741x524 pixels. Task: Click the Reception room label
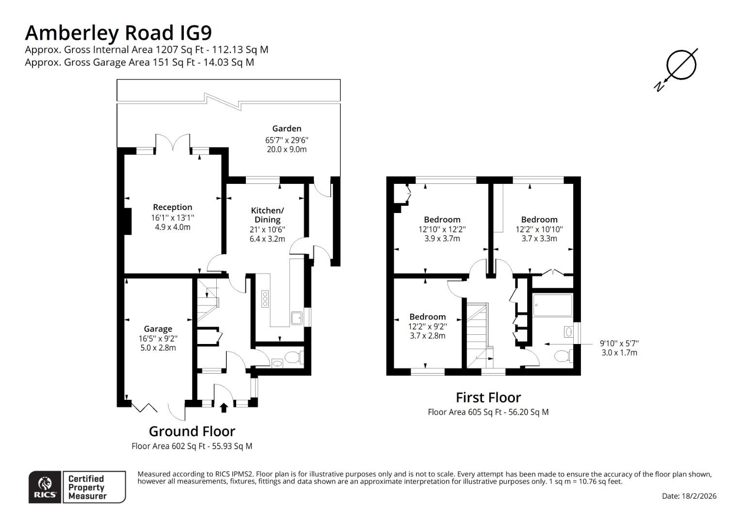click(x=173, y=208)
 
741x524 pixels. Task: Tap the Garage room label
click(x=158, y=329)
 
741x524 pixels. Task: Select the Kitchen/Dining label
click(x=267, y=215)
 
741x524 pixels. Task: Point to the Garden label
click(x=287, y=129)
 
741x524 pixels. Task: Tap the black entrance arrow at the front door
click(x=224, y=407)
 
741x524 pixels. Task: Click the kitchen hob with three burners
click(x=265, y=298)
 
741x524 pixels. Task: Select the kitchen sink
click(x=297, y=318)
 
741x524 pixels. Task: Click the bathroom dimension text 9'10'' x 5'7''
click(x=619, y=343)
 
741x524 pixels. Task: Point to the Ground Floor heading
click(x=192, y=431)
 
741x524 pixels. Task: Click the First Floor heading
click(x=488, y=397)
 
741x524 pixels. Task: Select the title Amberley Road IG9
click(x=118, y=33)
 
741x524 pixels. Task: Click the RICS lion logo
click(x=45, y=486)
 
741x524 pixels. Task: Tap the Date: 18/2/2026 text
click(x=689, y=496)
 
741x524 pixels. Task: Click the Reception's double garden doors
click(x=173, y=143)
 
